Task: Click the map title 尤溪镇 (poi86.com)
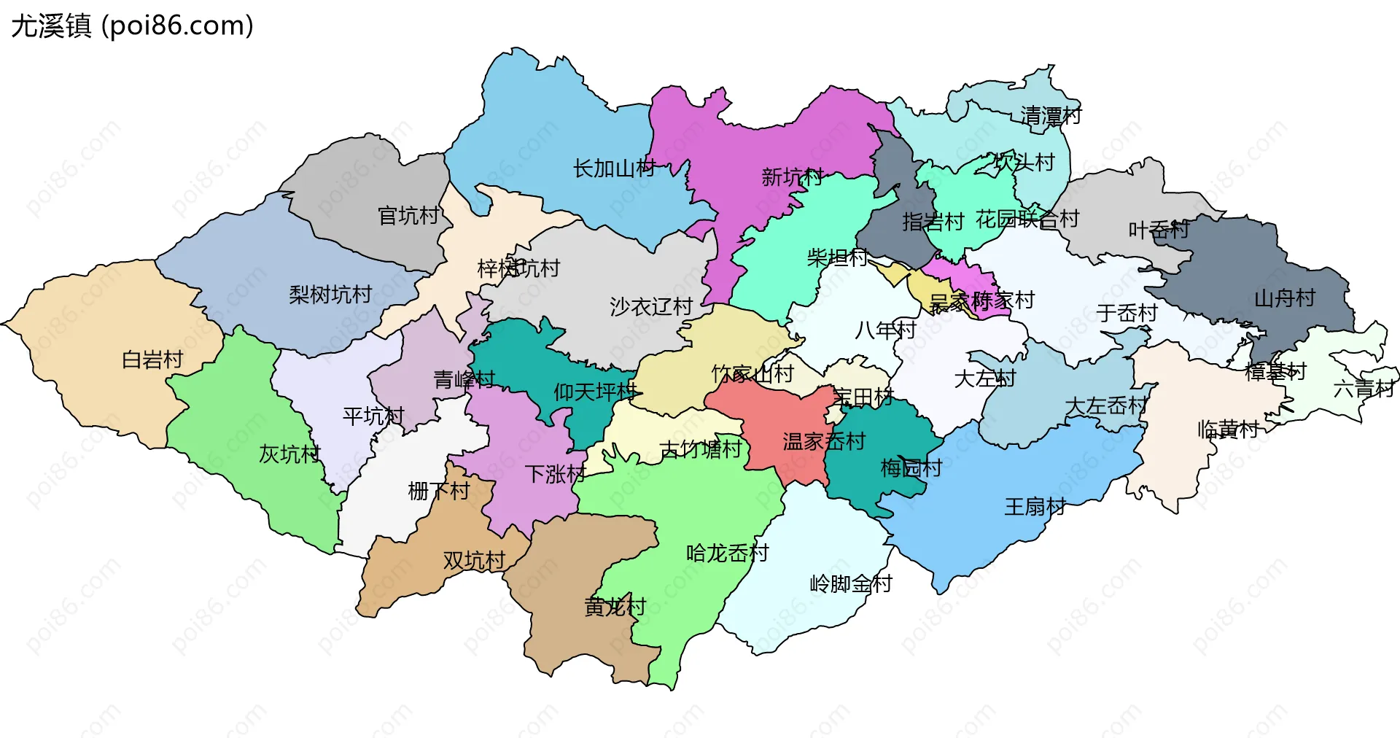[x=132, y=26]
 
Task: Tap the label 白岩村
[x=152, y=360]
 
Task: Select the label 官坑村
[x=408, y=215]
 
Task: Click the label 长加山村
[x=614, y=168]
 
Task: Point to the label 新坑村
[x=792, y=176]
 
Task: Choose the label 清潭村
[x=1050, y=116]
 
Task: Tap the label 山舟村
[x=1284, y=298]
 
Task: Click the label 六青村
[x=1363, y=389]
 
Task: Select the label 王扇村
[x=1035, y=506]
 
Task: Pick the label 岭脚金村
[x=850, y=583]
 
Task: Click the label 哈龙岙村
[x=727, y=553]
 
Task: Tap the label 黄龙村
[x=615, y=606]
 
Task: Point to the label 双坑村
[x=474, y=560]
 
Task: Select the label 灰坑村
[x=289, y=454]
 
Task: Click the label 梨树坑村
[x=330, y=295]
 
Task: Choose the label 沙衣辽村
[x=650, y=306]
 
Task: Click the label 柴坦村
[x=836, y=257]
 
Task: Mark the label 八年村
[x=884, y=330]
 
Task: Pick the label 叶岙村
[x=1158, y=230]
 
